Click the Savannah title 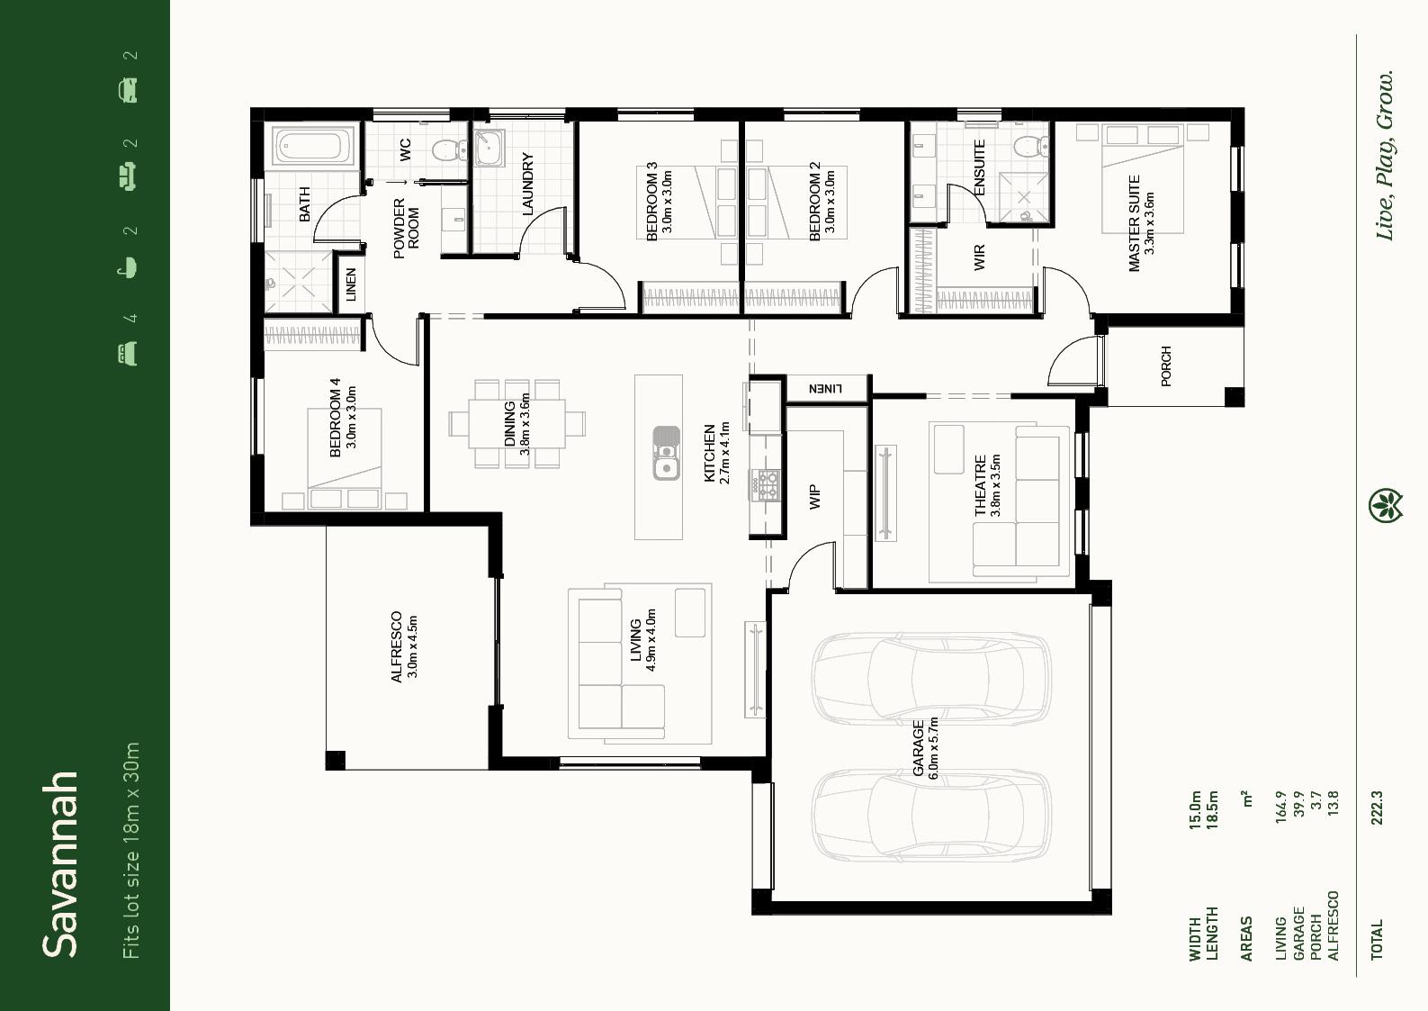60,864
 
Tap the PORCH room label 1166,366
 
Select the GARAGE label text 918,748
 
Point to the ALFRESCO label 397,646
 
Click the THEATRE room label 981,485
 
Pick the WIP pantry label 814,497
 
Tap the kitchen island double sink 666,452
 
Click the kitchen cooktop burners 765,483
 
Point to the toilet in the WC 450,150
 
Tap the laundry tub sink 489,149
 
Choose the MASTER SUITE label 1134,223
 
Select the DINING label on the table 509,423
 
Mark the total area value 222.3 1377,808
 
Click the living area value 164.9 1281,807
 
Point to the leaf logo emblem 1386,506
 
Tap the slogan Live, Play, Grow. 1385,155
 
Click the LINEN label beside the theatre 825,388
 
